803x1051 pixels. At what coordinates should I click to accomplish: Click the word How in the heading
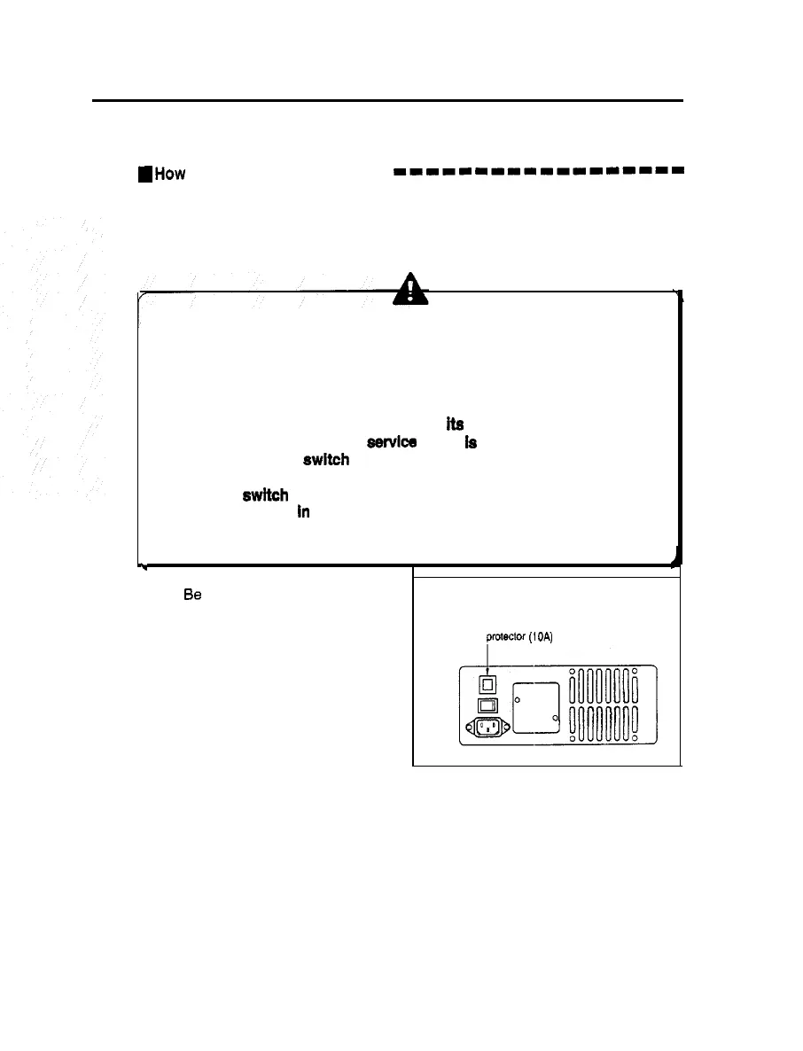click(170, 175)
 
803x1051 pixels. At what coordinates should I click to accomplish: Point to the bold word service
click(391, 441)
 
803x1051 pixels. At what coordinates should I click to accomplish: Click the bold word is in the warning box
click(471, 442)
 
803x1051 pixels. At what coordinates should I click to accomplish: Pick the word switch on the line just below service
click(325, 460)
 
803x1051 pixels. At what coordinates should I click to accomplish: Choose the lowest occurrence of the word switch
click(265, 496)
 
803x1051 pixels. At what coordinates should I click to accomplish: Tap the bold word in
click(302, 513)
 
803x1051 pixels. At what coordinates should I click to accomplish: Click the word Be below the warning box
click(191, 596)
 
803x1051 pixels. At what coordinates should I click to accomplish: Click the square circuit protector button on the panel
click(487, 684)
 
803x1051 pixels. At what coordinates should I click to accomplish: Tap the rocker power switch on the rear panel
click(487, 705)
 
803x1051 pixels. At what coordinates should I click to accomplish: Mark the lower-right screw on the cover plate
click(555, 720)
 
